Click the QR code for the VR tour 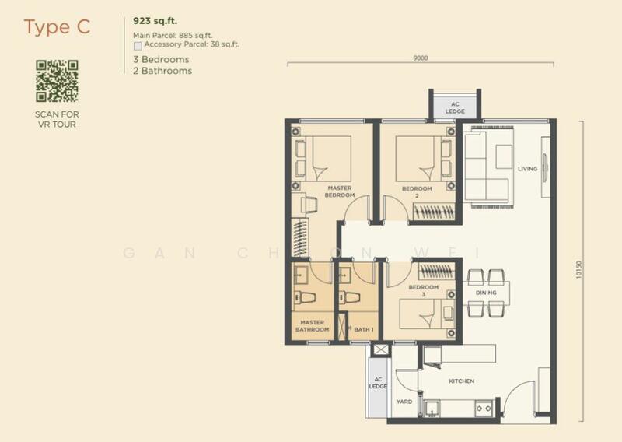point(57,81)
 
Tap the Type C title point(57,27)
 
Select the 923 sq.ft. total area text point(155,21)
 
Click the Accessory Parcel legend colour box point(138,46)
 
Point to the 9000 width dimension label point(421,58)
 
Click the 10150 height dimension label point(578,270)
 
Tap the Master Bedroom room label point(340,191)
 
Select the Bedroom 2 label point(417,191)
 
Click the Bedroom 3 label point(424,290)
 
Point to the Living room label point(528,169)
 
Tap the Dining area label point(486,293)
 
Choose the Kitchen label point(461,381)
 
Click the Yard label point(404,402)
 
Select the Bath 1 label point(364,329)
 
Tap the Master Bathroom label point(313,326)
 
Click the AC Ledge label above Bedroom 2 point(455,107)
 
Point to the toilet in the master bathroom point(305,297)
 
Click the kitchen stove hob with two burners point(484,408)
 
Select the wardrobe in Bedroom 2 point(434,211)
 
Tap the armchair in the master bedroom point(309,205)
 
